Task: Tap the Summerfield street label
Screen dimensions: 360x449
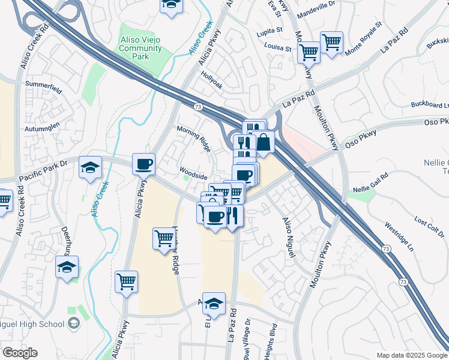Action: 43,88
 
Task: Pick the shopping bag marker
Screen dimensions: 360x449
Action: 263,142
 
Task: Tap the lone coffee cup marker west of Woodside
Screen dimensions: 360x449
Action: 144,163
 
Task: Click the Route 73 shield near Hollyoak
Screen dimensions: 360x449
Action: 197,106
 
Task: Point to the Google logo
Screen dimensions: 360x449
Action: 20,353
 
